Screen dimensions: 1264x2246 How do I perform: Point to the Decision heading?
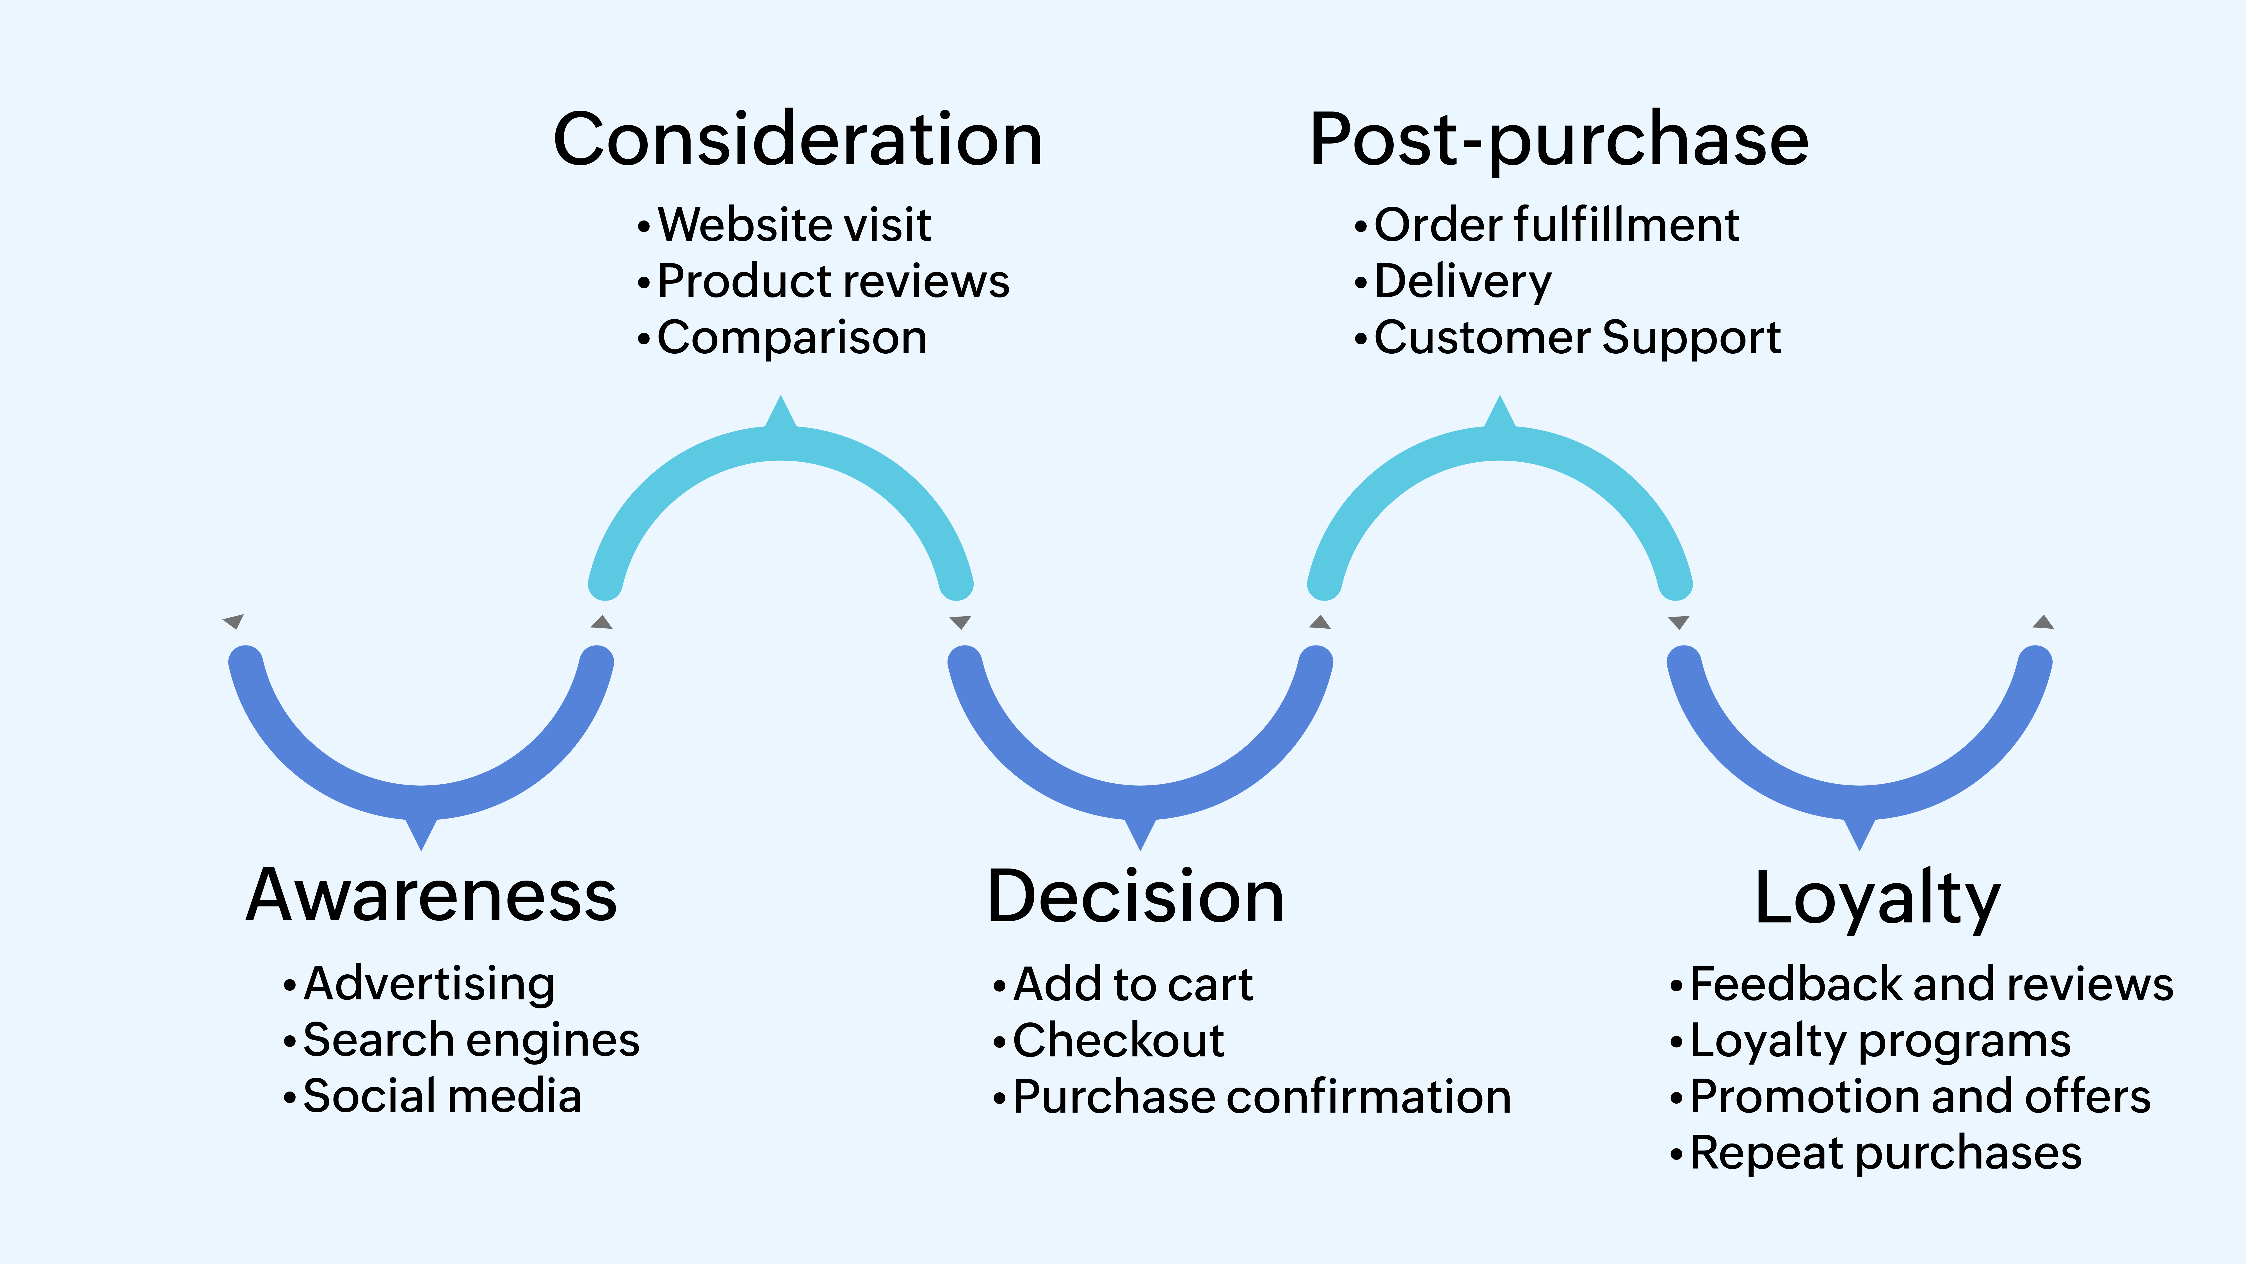(1135, 897)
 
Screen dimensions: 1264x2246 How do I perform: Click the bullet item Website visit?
(793, 225)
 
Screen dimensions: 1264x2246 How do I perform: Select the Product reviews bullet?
(833, 282)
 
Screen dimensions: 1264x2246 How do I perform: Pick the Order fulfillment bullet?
(1556, 225)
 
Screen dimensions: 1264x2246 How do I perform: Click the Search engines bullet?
(471, 1041)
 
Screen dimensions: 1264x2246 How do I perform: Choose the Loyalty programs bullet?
(1880, 1041)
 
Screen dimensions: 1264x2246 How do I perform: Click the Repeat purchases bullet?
(1885, 1153)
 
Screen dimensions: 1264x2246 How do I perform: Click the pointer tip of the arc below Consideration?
(781, 399)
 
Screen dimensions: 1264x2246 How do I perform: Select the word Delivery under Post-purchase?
(1462, 282)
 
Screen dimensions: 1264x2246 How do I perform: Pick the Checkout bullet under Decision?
(1118, 1041)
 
